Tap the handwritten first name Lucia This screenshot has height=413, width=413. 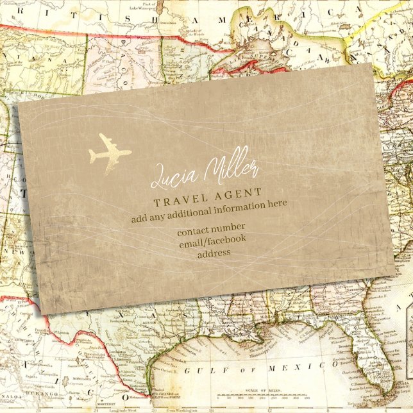tap(169, 175)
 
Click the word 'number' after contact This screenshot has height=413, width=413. tap(229, 228)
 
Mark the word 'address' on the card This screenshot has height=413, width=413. tap(214, 253)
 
